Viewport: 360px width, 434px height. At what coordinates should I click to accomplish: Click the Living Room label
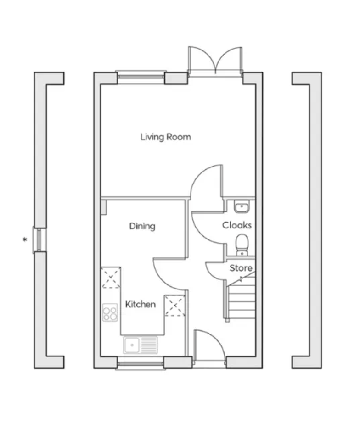point(165,137)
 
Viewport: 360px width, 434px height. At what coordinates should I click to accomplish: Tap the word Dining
point(142,226)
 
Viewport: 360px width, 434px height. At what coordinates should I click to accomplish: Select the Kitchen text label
point(140,304)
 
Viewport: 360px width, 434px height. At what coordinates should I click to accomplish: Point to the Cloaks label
point(237,225)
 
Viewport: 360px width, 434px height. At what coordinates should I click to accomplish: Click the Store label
point(241,268)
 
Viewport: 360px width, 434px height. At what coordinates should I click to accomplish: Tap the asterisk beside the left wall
point(25,239)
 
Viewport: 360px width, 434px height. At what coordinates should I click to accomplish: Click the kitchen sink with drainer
point(141,345)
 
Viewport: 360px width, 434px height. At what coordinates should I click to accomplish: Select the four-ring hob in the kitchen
point(110,312)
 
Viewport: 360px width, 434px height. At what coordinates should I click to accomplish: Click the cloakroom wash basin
point(242,206)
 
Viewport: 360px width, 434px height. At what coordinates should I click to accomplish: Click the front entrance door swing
point(209,345)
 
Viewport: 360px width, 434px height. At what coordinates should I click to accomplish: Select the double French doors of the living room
point(215,61)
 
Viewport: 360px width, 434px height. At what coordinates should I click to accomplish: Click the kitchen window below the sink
point(141,363)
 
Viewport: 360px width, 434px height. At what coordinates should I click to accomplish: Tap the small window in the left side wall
point(39,239)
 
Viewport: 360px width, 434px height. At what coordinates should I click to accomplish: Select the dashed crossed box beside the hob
point(111,278)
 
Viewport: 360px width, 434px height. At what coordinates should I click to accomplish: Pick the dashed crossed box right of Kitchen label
point(174,306)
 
